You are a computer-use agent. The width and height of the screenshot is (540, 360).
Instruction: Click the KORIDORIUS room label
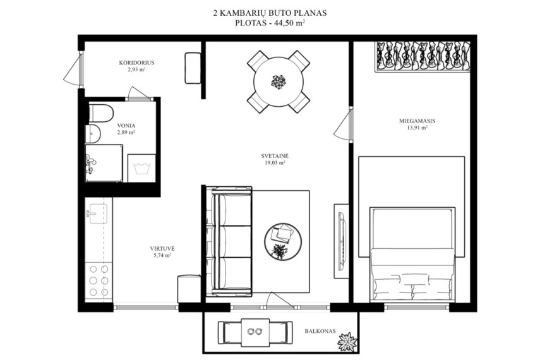[136, 63]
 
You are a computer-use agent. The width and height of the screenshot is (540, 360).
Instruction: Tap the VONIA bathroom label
[126, 126]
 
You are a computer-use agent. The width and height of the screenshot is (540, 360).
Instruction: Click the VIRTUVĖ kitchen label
[162, 248]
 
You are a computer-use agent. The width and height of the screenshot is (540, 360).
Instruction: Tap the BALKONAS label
[320, 331]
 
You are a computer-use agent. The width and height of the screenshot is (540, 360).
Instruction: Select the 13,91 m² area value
[417, 128]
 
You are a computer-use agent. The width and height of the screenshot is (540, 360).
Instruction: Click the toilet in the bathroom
[101, 113]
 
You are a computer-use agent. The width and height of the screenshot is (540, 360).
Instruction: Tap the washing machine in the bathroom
[141, 168]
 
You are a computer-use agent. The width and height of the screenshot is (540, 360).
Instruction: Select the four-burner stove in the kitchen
[99, 280]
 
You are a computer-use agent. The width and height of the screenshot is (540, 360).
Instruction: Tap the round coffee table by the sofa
[283, 241]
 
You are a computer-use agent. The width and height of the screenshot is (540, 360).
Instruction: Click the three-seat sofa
[231, 241]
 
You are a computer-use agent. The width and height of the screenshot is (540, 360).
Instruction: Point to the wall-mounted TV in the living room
[341, 241]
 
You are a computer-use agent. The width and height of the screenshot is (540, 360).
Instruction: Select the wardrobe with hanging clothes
[423, 57]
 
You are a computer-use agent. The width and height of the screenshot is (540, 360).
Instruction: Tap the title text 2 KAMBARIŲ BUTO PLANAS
[270, 13]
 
